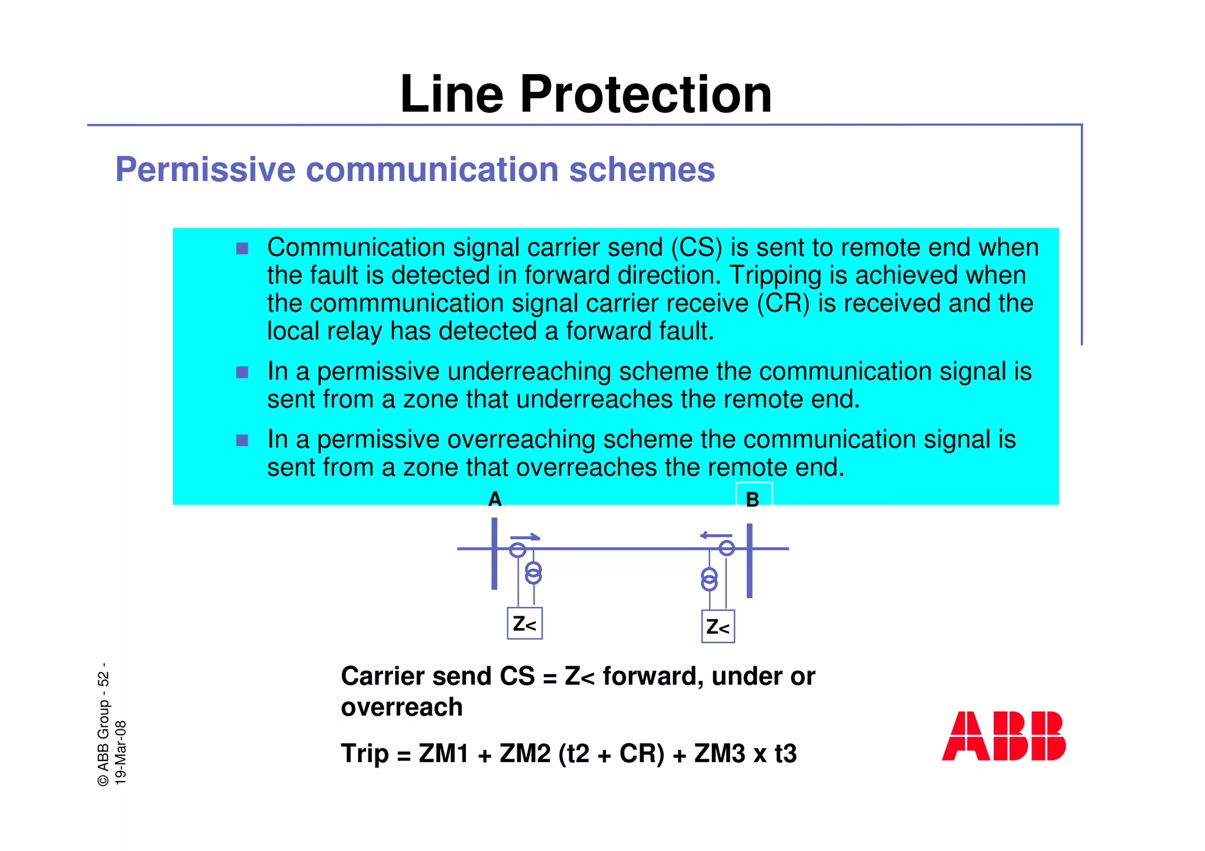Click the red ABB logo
pos(1003,736)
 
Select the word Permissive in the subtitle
pos(205,169)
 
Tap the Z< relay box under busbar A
pos(525,623)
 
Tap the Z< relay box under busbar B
pos(718,627)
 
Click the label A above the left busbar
pos(495,499)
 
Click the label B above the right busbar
pos(753,500)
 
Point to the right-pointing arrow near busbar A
pos(525,536)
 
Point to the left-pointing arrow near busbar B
pos(716,535)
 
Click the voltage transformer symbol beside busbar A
pos(533,573)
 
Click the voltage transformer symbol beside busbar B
pos(710,579)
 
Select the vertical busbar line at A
pos(494,553)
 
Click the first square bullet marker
pos(242,248)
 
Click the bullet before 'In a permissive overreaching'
pos(242,440)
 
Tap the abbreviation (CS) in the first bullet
pos(696,248)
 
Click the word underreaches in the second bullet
pos(595,399)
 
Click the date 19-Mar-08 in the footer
pos(121,752)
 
